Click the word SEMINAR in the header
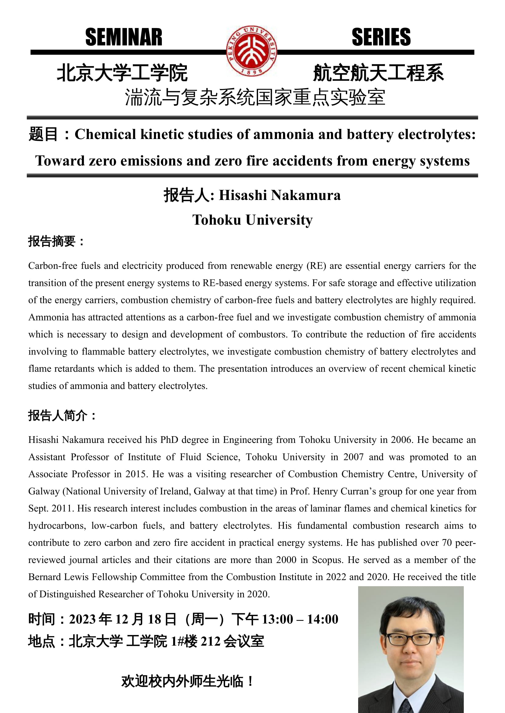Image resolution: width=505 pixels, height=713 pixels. click(124, 37)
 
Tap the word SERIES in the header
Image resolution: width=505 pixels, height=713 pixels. click(381, 37)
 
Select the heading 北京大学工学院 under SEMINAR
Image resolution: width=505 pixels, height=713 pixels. click(122, 73)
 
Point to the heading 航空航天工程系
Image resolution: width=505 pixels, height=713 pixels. click(378, 73)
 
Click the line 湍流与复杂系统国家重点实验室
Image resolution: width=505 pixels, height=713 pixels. click(255, 97)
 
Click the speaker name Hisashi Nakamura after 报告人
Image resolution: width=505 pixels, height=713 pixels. click(280, 195)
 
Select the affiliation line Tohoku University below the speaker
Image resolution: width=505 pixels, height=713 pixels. click(252, 220)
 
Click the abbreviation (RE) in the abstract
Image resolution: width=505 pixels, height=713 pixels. click(316, 266)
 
